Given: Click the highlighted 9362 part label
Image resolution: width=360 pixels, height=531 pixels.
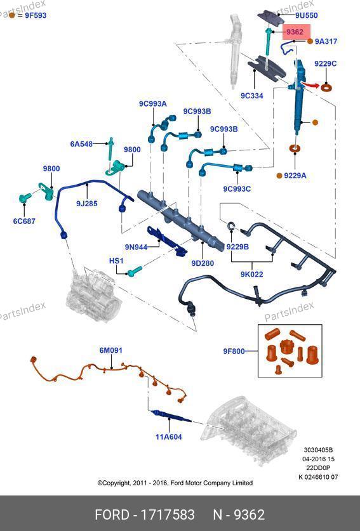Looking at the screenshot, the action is click(295, 32).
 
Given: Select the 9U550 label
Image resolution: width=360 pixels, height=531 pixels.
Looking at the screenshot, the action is click(306, 15).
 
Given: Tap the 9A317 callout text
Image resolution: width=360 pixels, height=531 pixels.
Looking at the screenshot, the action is click(326, 41).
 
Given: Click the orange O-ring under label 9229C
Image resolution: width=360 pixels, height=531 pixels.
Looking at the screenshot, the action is click(326, 88).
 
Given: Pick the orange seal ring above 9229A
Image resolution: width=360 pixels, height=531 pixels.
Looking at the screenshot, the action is click(295, 148).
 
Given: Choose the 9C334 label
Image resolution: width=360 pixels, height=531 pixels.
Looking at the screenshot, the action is click(252, 96).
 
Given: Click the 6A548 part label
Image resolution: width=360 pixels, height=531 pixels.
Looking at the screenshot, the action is click(81, 144).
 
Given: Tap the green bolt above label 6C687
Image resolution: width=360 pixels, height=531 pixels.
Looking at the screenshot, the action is click(24, 198).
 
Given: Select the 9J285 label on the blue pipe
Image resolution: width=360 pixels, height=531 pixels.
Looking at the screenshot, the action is click(87, 204).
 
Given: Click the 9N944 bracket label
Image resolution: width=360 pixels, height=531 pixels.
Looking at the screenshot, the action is click(136, 247).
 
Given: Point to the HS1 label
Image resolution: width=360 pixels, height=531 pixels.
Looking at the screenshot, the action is click(116, 261).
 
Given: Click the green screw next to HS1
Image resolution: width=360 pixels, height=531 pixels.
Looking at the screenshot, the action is click(135, 271).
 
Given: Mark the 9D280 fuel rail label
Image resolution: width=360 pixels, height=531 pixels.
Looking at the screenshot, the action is click(203, 263).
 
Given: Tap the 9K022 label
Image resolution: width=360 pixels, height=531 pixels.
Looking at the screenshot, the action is click(252, 274).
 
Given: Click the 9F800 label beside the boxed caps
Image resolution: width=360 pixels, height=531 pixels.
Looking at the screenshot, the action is click(234, 351).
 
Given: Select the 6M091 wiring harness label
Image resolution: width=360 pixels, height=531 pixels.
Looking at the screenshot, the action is click(111, 350).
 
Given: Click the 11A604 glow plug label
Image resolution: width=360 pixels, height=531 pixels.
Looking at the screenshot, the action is click(169, 437).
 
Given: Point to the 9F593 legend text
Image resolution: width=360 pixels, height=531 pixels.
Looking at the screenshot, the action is click(36, 15).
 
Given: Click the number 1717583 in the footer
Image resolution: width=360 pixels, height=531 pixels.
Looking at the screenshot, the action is click(168, 515).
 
